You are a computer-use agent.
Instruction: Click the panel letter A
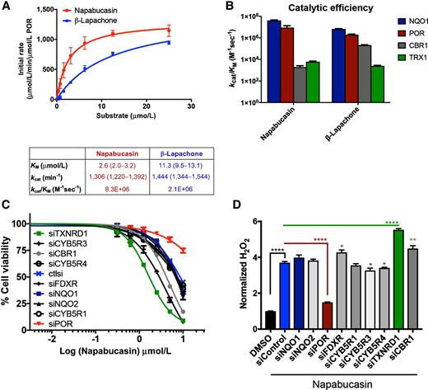7,7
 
